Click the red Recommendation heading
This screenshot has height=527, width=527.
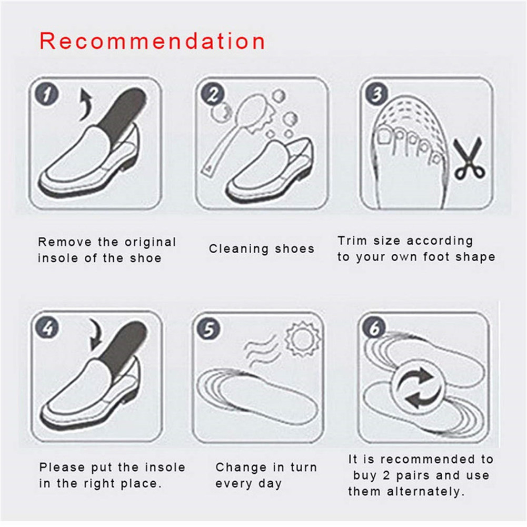pyautogui.click(x=152, y=41)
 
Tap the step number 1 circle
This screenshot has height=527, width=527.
pyautogui.click(x=47, y=94)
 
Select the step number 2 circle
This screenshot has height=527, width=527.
pyautogui.click(x=212, y=94)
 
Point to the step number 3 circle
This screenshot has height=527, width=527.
pyautogui.click(x=376, y=94)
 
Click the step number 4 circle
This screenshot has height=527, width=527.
pyautogui.click(x=47, y=327)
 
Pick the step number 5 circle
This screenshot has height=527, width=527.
pyautogui.click(x=208, y=329)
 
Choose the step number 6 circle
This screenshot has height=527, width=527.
pyautogui.click(x=374, y=327)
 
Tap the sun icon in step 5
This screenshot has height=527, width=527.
pyautogui.click(x=302, y=339)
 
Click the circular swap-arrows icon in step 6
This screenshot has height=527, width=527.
pyautogui.click(x=419, y=387)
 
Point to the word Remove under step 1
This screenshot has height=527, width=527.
pyautogui.click(x=65, y=242)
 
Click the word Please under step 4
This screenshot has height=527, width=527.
pyautogui.click(x=62, y=467)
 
